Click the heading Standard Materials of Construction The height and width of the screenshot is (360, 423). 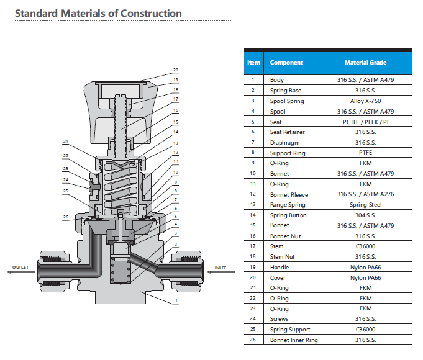(x=98, y=13)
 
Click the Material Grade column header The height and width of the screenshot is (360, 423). (x=365, y=63)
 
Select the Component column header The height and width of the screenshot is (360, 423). (x=286, y=63)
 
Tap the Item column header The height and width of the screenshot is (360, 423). (x=253, y=63)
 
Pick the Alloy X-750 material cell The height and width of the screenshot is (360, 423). (x=365, y=101)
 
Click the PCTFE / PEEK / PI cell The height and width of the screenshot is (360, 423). (x=365, y=122)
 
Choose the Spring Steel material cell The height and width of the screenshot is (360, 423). (x=365, y=205)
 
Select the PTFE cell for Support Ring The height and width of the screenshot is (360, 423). (x=365, y=153)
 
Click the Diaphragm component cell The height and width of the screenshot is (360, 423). (x=284, y=143)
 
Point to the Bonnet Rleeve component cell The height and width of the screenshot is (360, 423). (x=289, y=194)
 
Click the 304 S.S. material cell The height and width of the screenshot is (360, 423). (x=365, y=215)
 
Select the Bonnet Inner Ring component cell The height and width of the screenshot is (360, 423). (x=293, y=340)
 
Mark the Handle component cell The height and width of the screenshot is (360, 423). (x=280, y=268)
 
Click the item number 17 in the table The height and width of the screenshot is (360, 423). (x=253, y=246)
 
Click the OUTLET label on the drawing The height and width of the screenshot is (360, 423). (x=21, y=268)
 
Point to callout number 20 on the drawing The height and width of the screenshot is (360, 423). (x=176, y=70)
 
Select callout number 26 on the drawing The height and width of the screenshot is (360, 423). (x=65, y=217)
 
